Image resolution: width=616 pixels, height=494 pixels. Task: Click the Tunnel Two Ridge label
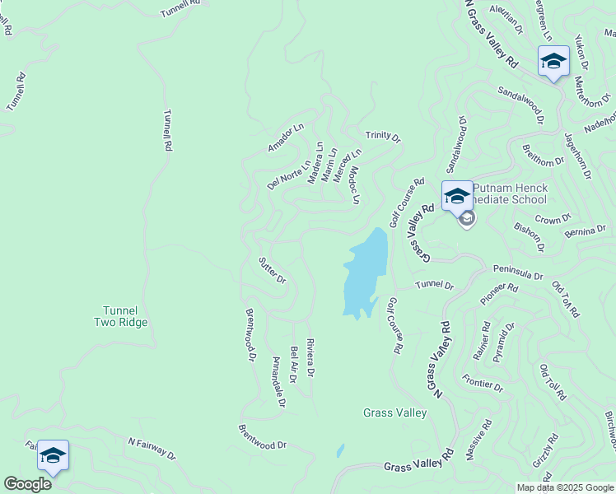pyautogui.click(x=120, y=316)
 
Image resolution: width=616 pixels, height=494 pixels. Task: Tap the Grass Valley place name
pyautogui.click(x=395, y=412)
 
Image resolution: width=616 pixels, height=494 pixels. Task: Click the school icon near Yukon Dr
pyautogui.click(x=553, y=62)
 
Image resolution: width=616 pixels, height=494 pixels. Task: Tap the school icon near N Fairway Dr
pyautogui.click(x=53, y=456)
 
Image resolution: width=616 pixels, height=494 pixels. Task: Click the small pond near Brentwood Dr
pyautogui.click(x=340, y=451)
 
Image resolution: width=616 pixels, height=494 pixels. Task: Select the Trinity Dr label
pyautogui.click(x=383, y=137)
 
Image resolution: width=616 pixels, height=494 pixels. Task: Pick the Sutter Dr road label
pyautogui.click(x=272, y=269)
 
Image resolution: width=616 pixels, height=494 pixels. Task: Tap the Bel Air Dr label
pyautogui.click(x=293, y=365)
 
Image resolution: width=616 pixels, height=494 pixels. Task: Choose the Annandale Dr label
pyautogui.click(x=278, y=383)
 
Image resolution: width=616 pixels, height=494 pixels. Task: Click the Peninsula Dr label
pyautogui.click(x=518, y=272)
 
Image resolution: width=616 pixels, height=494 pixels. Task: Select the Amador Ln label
pyautogui.click(x=286, y=137)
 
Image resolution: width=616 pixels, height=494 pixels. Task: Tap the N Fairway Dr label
pyautogui.click(x=152, y=449)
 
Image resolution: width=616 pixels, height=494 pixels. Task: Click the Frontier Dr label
pyautogui.click(x=483, y=383)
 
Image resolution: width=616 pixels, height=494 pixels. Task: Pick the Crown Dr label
pyautogui.click(x=553, y=220)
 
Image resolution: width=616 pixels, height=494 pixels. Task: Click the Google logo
pyautogui.click(x=27, y=484)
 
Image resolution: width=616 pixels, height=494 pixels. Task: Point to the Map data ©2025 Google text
pyautogui.click(x=564, y=487)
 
